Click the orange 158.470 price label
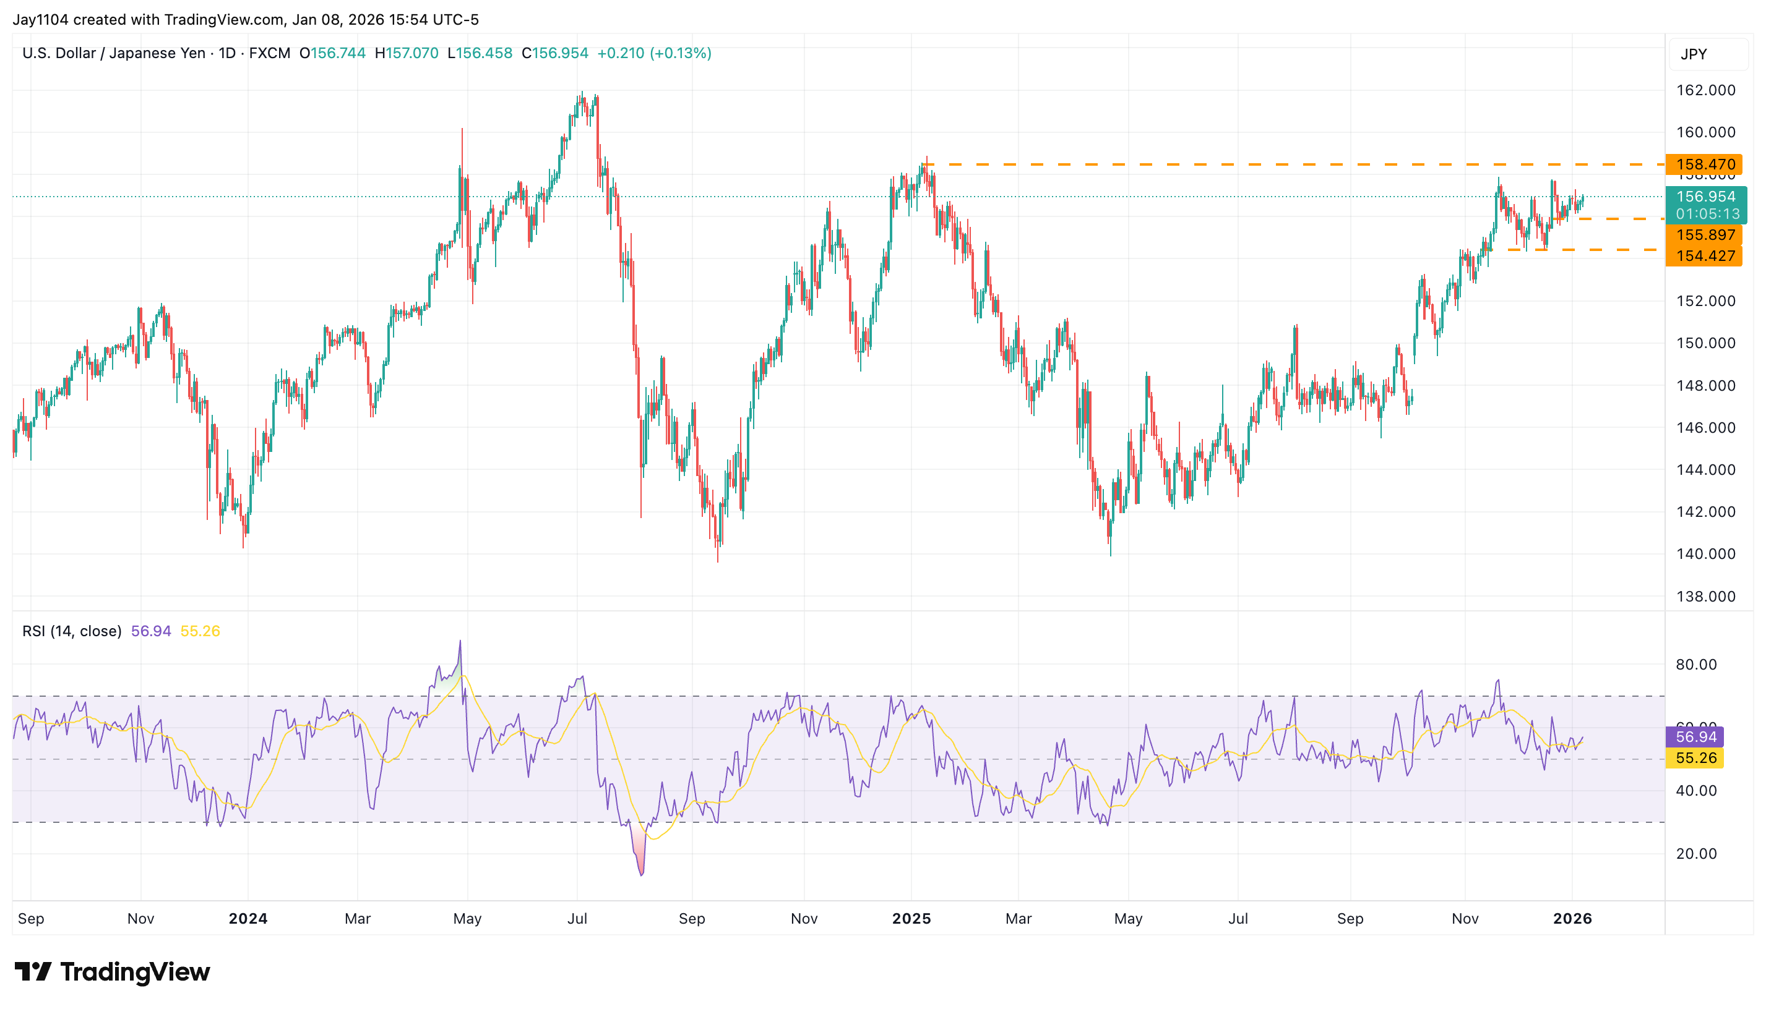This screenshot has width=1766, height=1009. [x=1704, y=164]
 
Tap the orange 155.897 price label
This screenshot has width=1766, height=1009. [x=1704, y=235]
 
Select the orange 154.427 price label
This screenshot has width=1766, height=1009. [x=1704, y=256]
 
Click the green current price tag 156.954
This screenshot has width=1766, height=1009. [x=1705, y=197]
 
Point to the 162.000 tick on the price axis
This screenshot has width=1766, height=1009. [x=1705, y=90]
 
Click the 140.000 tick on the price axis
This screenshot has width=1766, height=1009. [x=1705, y=554]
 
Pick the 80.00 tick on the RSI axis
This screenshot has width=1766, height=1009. [x=1696, y=665]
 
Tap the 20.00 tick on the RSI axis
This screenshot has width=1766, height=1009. [x=1696, y=854]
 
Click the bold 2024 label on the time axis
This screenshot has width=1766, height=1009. [x=248, y=918]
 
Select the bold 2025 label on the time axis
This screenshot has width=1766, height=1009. [x=911, y=918]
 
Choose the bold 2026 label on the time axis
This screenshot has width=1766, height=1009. [x=1572, y=918]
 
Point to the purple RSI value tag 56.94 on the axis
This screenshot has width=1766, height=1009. [x=1695, y=736]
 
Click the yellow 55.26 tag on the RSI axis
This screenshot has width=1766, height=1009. [x=1695, y=758]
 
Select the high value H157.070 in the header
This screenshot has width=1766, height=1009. [x=407, y=53]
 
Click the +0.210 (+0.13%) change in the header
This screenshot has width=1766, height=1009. [x=654, y=53]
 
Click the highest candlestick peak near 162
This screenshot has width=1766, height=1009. [x=582, y=93]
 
